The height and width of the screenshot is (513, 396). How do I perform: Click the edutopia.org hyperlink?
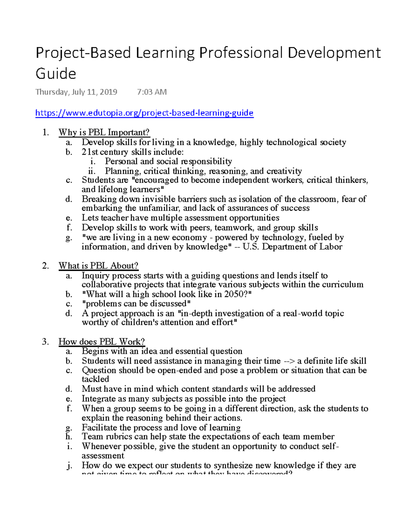[144, 113]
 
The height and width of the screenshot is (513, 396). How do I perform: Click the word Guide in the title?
[56, 73]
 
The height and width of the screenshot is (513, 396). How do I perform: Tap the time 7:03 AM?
[151, 92]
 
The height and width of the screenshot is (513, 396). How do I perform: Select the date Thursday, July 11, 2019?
[76, 92]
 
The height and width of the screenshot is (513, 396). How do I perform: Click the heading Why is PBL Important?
[104, 132]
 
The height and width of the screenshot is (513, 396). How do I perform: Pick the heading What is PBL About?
[98, 266]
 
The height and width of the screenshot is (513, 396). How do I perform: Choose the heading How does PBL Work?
[102, 342]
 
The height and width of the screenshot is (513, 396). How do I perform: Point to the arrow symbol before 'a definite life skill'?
[289, 361]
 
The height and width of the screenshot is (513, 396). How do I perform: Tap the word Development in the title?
[334, 53]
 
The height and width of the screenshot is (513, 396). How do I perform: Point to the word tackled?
[95, 379]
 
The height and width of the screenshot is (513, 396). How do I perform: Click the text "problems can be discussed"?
[136, 304]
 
